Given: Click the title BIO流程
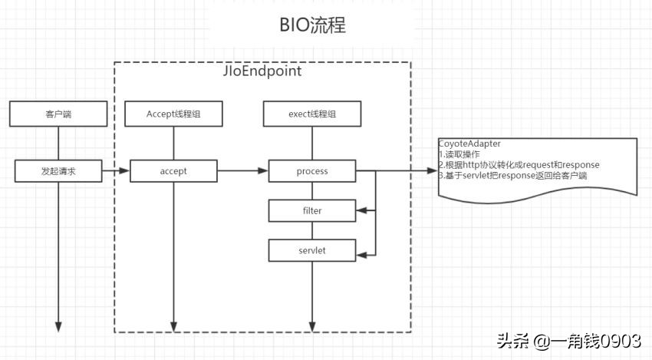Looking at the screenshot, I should [312, 26].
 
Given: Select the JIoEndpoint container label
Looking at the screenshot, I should [262, 71].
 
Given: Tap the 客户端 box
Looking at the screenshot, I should [58, 114].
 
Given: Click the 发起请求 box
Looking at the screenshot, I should [58, 171].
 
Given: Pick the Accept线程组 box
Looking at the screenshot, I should [174, 114].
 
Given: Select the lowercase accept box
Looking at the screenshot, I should [174, 171].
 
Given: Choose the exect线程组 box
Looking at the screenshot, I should [311, 114].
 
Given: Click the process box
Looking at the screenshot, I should [311, 171].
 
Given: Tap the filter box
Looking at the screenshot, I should [311, 209].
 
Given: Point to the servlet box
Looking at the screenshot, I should [311, 250].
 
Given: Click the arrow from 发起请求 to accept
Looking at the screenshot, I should [115, 171].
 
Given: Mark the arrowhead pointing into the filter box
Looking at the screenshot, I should [361, 209].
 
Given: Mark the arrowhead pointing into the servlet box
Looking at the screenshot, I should [361, 253].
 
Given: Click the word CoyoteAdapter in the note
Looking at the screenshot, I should [469, 144].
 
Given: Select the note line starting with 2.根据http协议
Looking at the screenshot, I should [519, 165].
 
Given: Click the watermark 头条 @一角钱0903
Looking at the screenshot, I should [568, 341].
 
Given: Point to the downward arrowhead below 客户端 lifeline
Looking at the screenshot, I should [58, 326].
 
